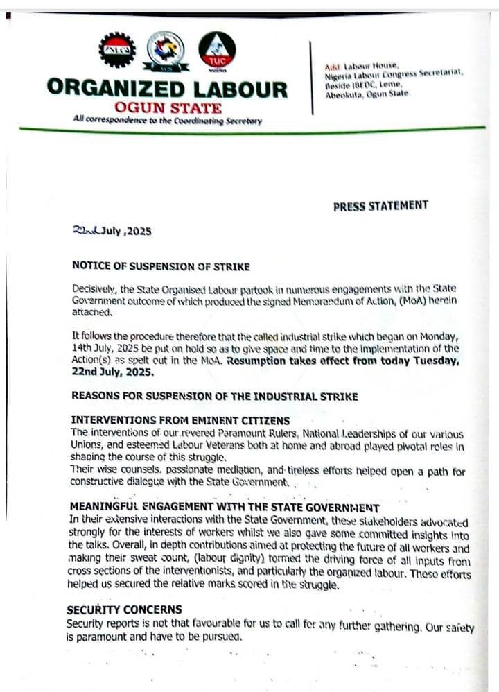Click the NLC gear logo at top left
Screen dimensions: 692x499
(x=117, y=50)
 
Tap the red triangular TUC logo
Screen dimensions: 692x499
(x=216, y=49)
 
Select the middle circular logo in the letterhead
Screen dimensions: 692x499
(x=166, y=49)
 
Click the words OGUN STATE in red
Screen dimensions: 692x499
(x=168, y=107)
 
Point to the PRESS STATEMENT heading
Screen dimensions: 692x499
(x=380, y=206)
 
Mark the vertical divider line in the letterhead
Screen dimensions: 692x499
(x=311, y=76)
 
